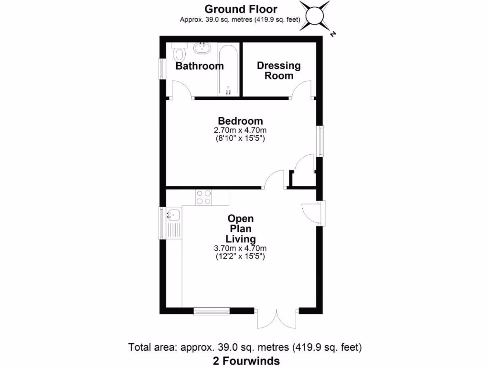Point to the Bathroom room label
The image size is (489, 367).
pos(200,66)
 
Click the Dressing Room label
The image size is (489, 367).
pos(279,70)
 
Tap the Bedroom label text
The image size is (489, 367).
pos(240,121)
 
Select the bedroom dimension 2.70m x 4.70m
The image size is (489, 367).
pos(240,130)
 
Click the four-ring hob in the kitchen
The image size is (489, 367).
pos(204,197)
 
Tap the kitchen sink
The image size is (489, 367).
pos(173,215)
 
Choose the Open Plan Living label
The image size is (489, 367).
pos(240,228)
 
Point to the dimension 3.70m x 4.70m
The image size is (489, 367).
pos(240,248)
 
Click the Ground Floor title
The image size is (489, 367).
pos(241,9)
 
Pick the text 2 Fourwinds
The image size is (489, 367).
pos(246,360)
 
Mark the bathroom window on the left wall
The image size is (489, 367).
pos(162,69)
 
